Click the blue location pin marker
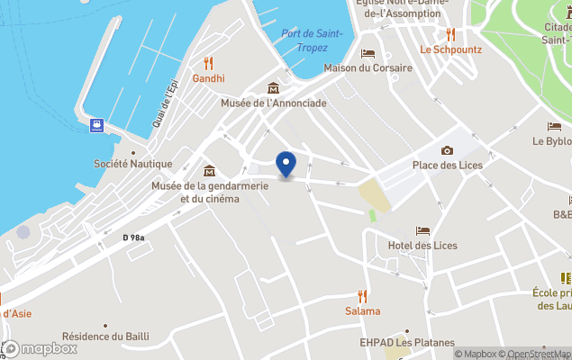pyautogui.click(x=286, y=165)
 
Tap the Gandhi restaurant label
pyautogui.click(x=208, y=79)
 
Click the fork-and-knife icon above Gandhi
pyautogui.click(x=209, y=63)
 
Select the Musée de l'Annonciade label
pyautogui.click(x=274, y=103)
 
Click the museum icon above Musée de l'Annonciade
pyautogui.click(x=273, y=87)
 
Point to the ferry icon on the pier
pyautogui.click(x=95, y=125)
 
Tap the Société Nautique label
pyautogui.click(x=133, y=164)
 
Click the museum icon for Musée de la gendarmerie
pyautogui.click(x=209, y=171)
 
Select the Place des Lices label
pyautogui.click(x=448, y=165)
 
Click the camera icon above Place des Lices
pyautogui.click(x=447, y=150)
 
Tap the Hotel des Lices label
pyautogui.click(x=422, y=246)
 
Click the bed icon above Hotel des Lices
pyautogui.click(x=422, y=231)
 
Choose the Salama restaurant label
pyautogui.click(x=363, y=310)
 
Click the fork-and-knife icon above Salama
pyautogui.click(x=363, y=295)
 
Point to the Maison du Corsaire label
pyautogui.click(x=368, y=68)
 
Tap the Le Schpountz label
pyautogui.click(x=449, y=49)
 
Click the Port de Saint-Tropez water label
pyautogui.click(x=312, y=40)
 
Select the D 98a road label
pyautogui.click(x=134, y=237)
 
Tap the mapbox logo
pyautogui.click(x=40, y=348)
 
